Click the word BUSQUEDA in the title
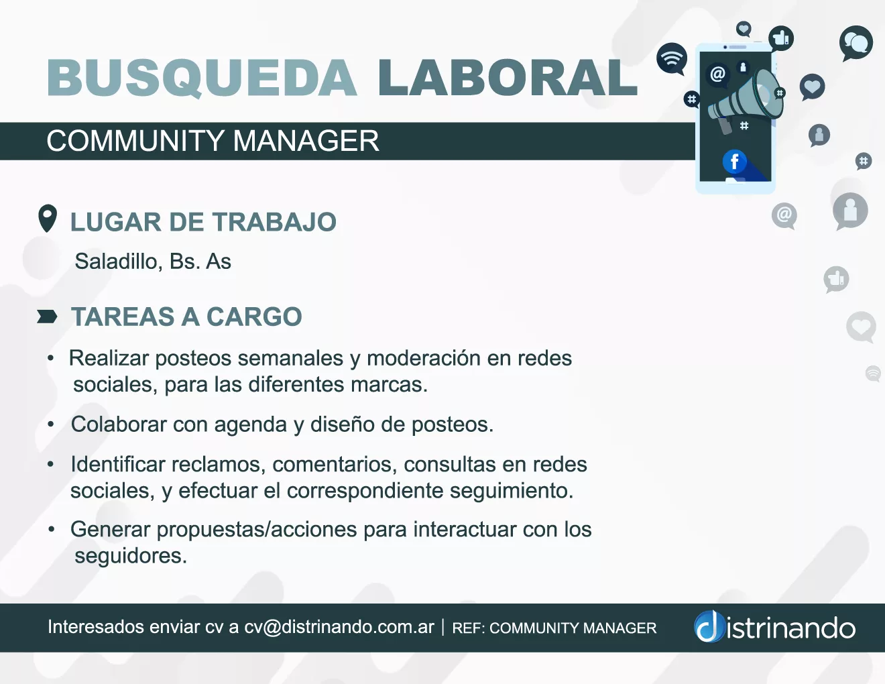coord(202,77)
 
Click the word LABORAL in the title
coord(508,77)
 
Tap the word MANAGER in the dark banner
coord(306,141)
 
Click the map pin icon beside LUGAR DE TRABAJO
coord(47,219)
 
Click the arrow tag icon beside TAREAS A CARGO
coord(47,317)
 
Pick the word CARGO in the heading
coord(255,317)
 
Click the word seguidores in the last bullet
coord(131,556)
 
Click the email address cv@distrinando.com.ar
coord(339,627)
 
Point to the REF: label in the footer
coord(469,628)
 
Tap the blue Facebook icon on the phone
coord(734,162)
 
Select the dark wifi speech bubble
coord(672,59)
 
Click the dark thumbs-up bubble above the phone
coord(781,39)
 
